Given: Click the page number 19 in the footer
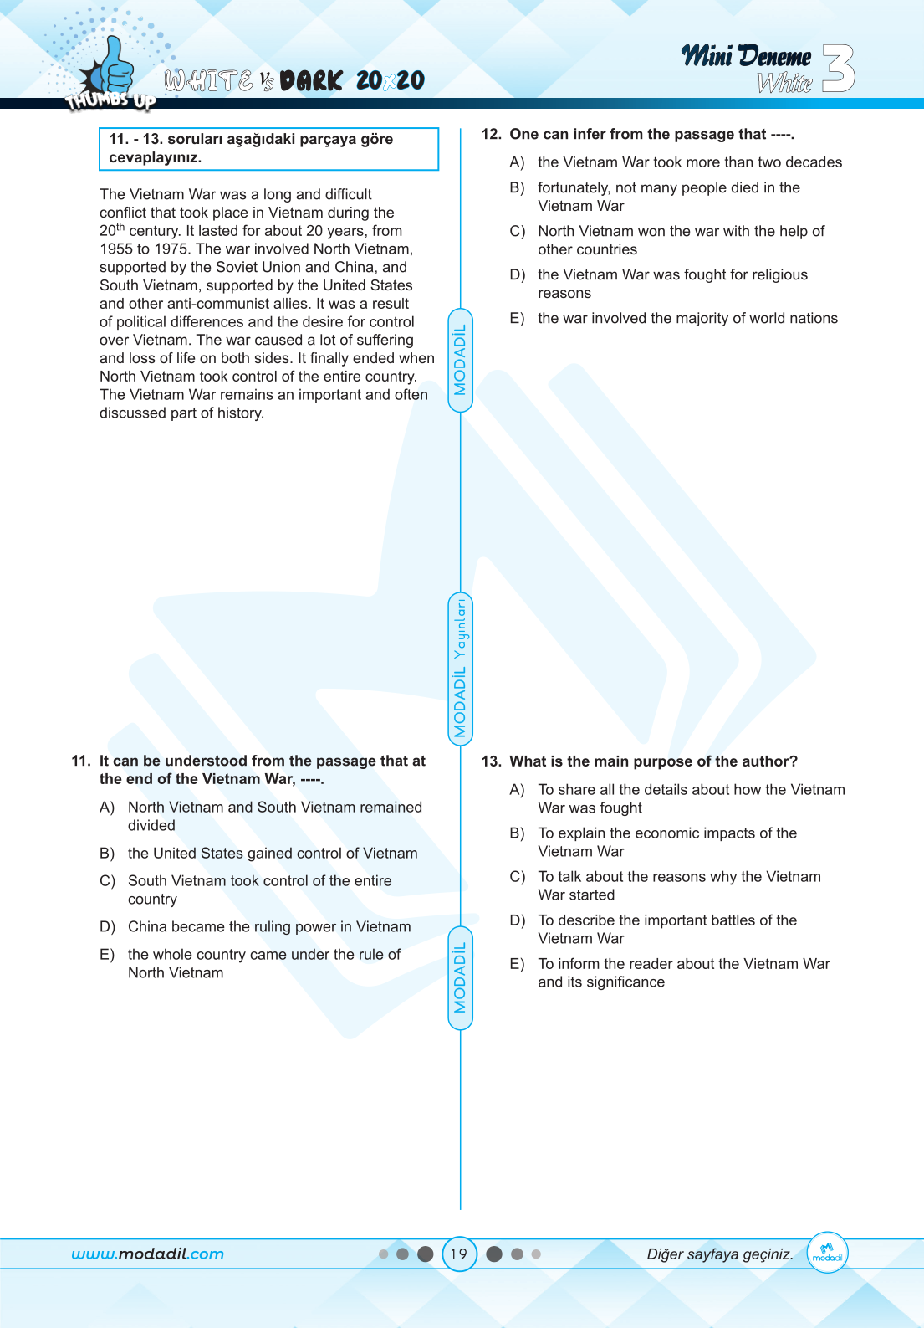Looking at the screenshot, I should coord(459,1254).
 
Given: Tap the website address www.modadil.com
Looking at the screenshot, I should coord(147,1254).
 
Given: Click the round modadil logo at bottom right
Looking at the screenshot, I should coord(827,1253).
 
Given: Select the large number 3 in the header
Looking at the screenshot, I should coord(839,68).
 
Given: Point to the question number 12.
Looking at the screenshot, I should coord(491,134).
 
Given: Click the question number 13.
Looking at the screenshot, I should coord(491,761).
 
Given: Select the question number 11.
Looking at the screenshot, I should coord(81,761).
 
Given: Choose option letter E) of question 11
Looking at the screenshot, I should coord(107,955).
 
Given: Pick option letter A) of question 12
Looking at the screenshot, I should coord(517,162).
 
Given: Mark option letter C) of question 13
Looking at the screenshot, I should coord(517,877).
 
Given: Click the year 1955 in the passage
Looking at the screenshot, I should coord(116,249).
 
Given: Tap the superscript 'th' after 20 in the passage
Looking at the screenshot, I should coord(120,227).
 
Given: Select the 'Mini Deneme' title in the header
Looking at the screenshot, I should coord(746,56).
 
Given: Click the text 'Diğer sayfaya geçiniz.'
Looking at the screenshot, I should coord(719,1254).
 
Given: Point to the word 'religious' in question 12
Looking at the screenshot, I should coord(779,274).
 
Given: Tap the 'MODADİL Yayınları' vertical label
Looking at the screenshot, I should coord(460,669).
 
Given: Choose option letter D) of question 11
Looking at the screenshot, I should coord(107,927).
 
